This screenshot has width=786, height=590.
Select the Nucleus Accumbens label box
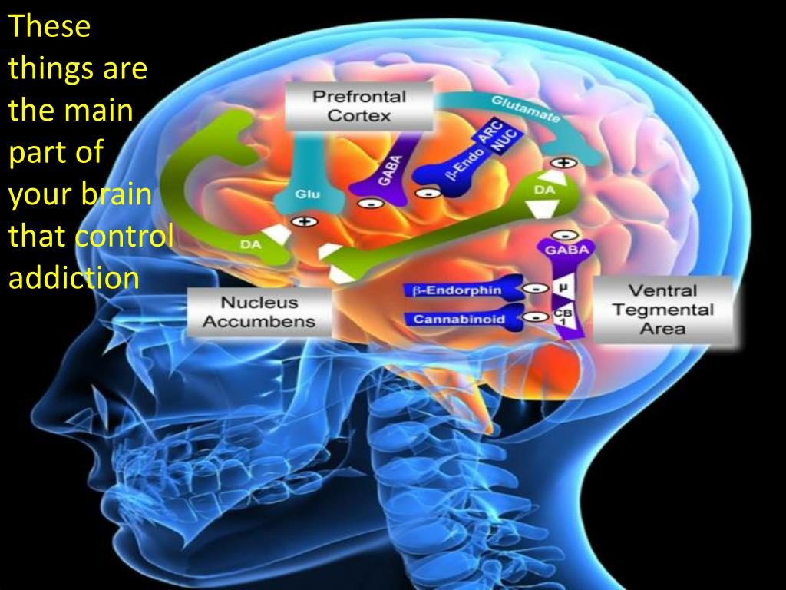click(259, 311)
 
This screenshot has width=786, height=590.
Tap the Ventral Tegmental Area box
click(662, 310)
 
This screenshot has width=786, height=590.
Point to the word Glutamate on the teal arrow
click(525, 110)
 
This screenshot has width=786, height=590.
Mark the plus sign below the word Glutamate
click(564, 163)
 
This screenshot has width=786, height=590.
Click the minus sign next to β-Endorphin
click(531, 290)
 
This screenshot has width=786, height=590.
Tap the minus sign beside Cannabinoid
click(531, 317)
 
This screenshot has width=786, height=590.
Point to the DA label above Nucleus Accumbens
click(250, 244)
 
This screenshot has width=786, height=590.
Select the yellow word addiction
click(74, 277)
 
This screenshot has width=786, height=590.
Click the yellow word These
click(50, 28)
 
